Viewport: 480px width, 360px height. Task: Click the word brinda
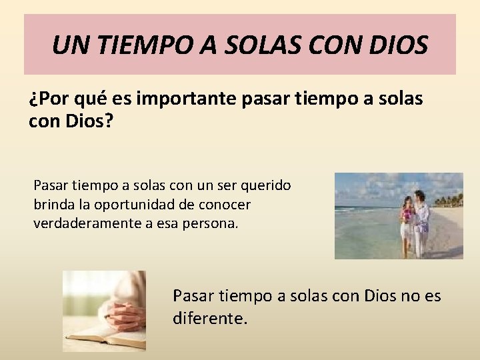[51, 203]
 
